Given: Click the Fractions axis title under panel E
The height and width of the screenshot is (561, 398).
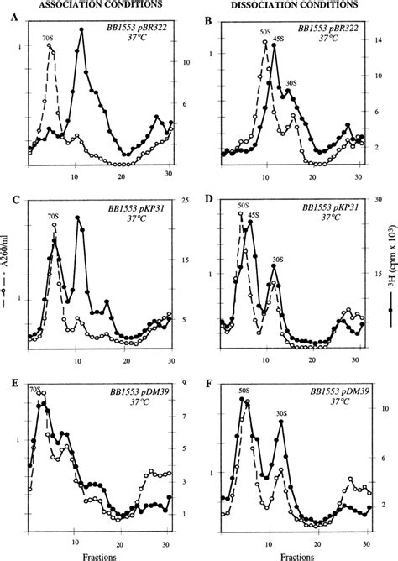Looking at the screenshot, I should pyautogui.click(x=99, y=553).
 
